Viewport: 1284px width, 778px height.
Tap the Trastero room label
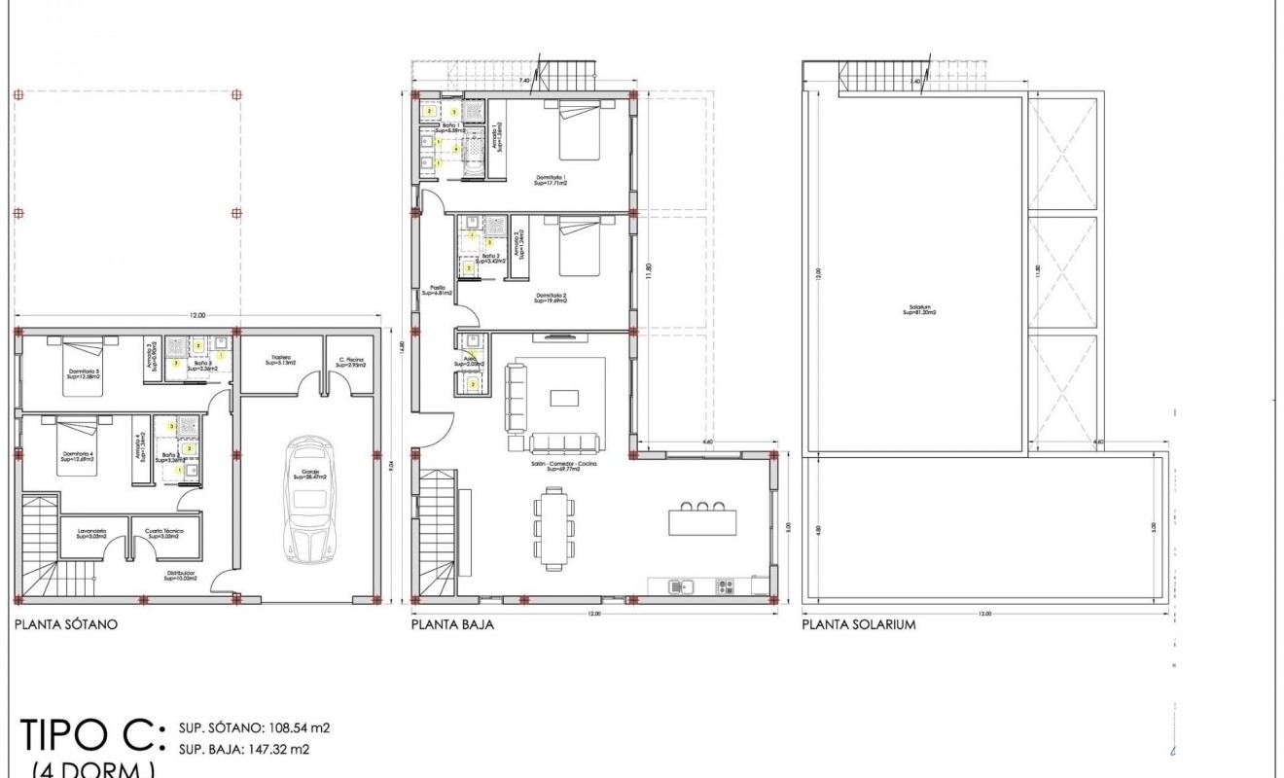click(x=281, y=361)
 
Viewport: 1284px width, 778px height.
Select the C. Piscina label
click(x=350, y=361)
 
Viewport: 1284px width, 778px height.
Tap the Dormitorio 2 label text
click(x=550, y=298)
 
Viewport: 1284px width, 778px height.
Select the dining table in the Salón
click(x=554, y=528)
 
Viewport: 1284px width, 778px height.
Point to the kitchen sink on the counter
click(x=681, y=585)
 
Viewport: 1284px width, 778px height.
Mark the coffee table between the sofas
click(x=563, y=397)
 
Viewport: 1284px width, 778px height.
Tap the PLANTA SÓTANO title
click(x=66, y=625)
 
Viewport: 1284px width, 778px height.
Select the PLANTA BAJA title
click(x=452, y=625)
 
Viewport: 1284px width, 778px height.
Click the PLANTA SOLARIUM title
click(x=859, y=625)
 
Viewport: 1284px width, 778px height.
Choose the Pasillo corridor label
click(x=438, y=290)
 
